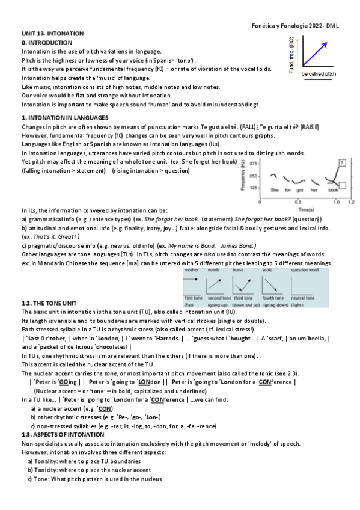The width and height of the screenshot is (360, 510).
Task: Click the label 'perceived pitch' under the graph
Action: tap(319, 73)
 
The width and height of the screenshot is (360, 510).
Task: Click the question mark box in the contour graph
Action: tap(341, 162)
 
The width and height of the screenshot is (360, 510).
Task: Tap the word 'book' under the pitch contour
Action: tap(334, 191)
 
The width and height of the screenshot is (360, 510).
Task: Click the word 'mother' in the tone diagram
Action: tap(191, 270)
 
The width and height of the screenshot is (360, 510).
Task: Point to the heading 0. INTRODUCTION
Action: tap(47, 43)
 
